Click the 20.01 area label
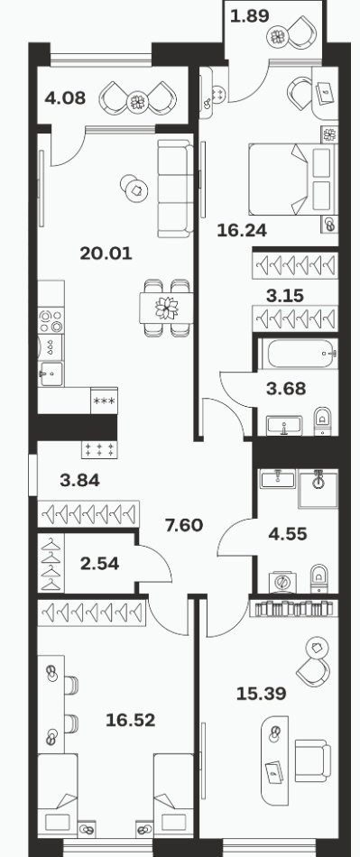[x=106, y=253]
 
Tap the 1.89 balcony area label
[x=250, y=16]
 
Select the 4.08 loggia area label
[x=66, y=98]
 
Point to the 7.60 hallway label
[x=184, y=525]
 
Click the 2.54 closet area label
[x=99, y=564]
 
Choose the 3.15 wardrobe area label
[x=284, y=296]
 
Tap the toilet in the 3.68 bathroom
[x=323, y=421]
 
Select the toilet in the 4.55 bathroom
[x=318, y=578]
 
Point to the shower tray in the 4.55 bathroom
[x=318, y=489]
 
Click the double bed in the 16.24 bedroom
[x=291, y=180]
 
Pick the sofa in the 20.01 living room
[x=175, y=189]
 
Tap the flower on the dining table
[x=167, y=308]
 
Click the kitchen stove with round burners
[x=51, y=321]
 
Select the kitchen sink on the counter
[x=51, y=373]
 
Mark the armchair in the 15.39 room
[x=312, y=760]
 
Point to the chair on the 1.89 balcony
[x=300, y=32]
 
